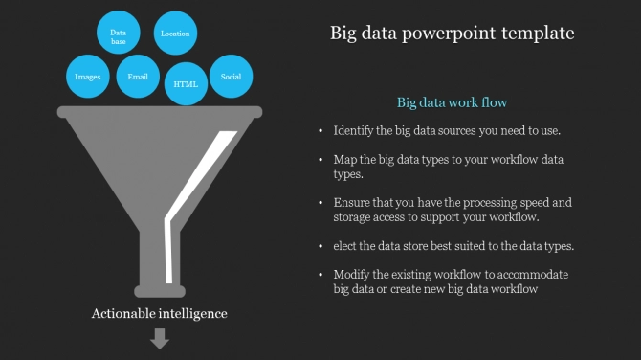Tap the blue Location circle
[x=175, y=34]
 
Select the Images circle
[x=87, y=77]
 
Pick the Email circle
[x=138, y=77]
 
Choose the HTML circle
[x=186, y=84]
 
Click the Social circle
[x=231, y=77]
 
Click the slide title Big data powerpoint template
[x=452, y=33]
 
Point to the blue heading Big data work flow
[x=452, y=101]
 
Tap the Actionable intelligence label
[x=159, y=313]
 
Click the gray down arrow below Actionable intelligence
[x=160, y=338]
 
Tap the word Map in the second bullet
[x=344, y=159]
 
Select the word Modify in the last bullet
[x=353, y=275]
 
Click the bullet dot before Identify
[x=320, y=130]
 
